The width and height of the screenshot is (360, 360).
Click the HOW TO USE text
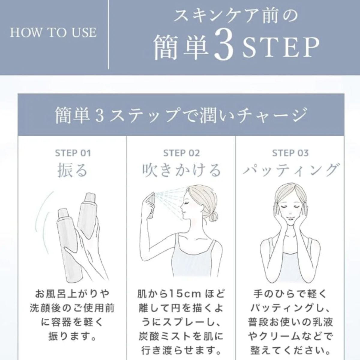tap(53, 32)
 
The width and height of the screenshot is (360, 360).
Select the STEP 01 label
tap(73, 153)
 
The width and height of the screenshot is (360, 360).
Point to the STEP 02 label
tap(181, 153)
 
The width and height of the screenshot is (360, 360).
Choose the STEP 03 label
tap(290, 153)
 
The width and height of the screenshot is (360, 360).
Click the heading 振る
tap(72, 170)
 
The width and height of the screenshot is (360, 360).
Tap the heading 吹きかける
tap(181, 170)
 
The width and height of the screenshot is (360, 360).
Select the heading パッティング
tap(290, 170)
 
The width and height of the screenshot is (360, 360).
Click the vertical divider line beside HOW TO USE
tap(109, 34)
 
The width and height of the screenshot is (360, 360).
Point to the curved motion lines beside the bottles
tap(42, 215)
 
